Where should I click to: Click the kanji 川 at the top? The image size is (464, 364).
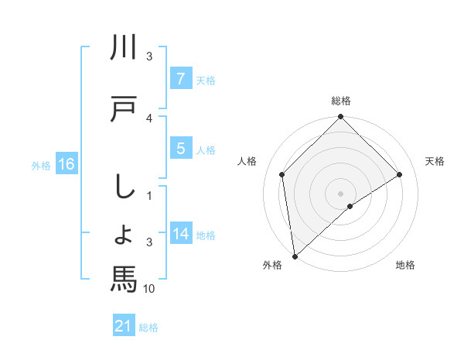pyautogui.click(x=124, y=48)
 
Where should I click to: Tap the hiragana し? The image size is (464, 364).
pyautogui.click(x=124, y=187)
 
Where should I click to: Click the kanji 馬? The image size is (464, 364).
pyautogui.click(x=124, y=277)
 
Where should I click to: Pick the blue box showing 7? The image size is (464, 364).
pyautogui.click(x=180, y=79)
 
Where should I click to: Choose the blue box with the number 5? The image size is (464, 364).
pyautogui.click(x=180, y=149)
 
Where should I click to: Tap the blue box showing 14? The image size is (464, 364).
pyautogui.click(x=180, y=234)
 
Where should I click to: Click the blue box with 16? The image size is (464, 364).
pyautogui.click(x=67, y=164)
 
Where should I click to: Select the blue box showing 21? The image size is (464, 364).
pyautogui.click(x=124, y=327)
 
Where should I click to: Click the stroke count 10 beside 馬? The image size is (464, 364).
pyautogui.click(x=149, y=289)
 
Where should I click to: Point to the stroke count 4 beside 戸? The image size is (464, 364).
pyautogui.click(x=149, y=118)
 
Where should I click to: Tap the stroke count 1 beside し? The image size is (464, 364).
pyautogui.click(x=149, y=195)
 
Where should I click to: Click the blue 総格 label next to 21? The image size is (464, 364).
pyautogui.click(x=148, y=328)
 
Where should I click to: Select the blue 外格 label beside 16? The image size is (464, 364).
pyautogui.click(x=41, y=165)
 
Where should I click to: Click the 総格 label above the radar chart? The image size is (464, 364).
pyautogui.click(x=340, y=101)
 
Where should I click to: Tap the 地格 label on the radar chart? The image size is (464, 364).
pyautogui.click(x=405, y=265)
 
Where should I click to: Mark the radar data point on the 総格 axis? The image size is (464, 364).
pyautogui.click(x=340, y=118)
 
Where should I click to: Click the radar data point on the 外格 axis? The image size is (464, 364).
pyautogui.click(x=295, y=256)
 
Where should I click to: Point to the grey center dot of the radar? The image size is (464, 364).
pyautogui.click(x=340, y=193)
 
